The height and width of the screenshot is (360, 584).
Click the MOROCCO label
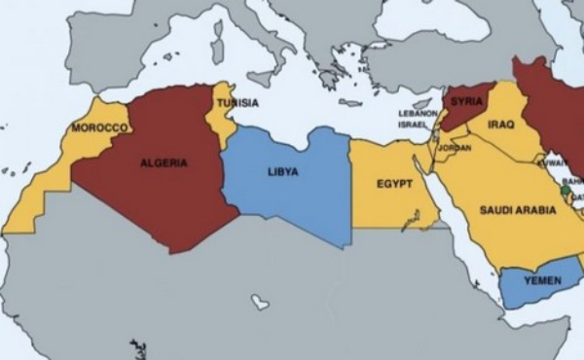coord(99,127)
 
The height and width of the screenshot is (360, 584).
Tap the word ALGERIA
coord(164,162)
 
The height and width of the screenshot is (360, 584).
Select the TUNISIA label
coord(237,103)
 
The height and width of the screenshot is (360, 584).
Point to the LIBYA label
coord(282,171)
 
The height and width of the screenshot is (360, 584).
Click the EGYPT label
coord(395,184)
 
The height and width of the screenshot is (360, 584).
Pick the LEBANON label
coord(418,113)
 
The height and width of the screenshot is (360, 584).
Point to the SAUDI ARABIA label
coord(516,208)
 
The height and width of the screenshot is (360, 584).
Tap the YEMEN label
coord(542,280)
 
